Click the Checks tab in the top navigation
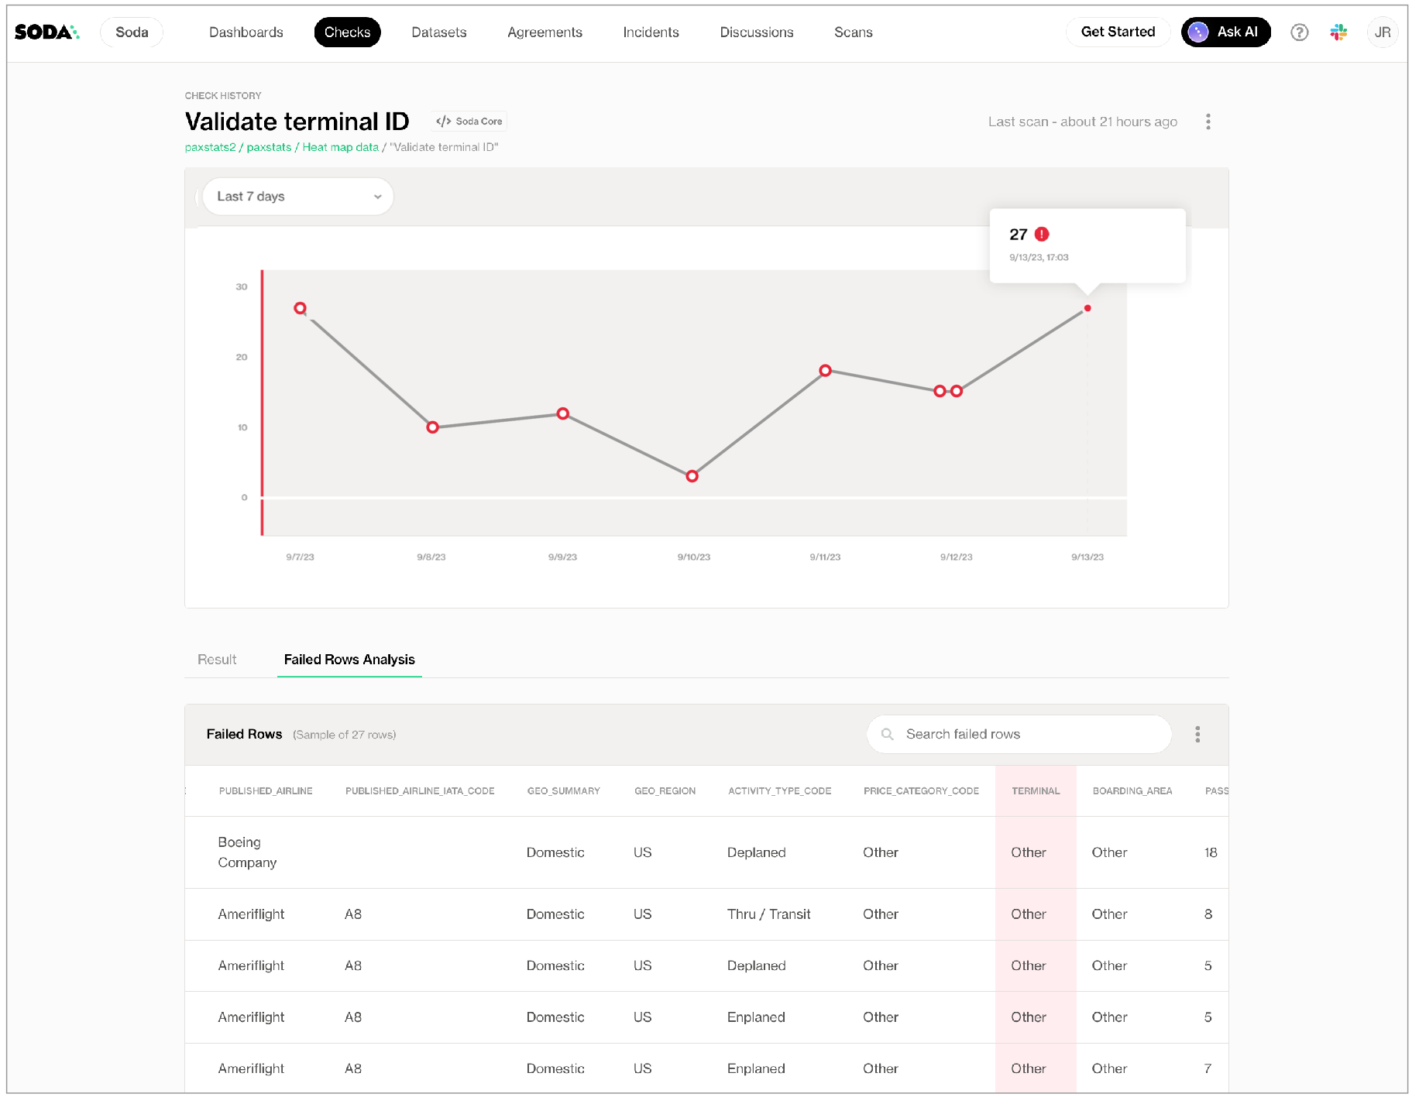point(347,33)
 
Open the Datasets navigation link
point(438,33)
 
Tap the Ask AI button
point(1225,33)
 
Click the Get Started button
point(1117,33)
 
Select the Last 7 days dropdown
point(298,197)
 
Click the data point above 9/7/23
point(301,308)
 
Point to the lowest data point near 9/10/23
point(692,476)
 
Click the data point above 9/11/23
point(826,371)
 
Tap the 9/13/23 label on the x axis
point(1087,557)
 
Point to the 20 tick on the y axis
point(242,357)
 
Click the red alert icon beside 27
point(1042,235)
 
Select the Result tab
point(217,660)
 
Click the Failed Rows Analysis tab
point(349,660)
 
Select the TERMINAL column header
point(1036,791)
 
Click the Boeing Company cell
point(247,852)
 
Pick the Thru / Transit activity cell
point(768,914)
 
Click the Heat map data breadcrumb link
point(340,147)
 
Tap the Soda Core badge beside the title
point(469,122)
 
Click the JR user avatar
point(1383,33)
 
